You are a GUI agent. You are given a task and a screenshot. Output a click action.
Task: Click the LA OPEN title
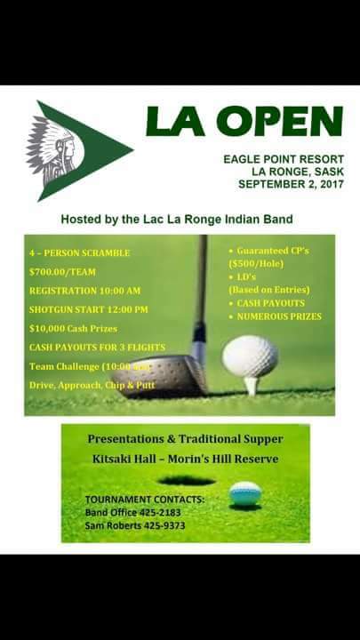tap(244, 122)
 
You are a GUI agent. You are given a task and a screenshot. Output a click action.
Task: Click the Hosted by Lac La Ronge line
tap(176, 219)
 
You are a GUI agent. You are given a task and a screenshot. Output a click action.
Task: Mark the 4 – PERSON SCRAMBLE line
tap(79, 252)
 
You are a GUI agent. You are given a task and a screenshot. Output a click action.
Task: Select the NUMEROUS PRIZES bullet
tap(279, 316)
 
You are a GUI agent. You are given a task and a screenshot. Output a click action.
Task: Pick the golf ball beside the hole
tap(245, 492)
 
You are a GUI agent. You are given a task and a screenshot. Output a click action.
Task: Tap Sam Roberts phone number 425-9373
tap(166, 525)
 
